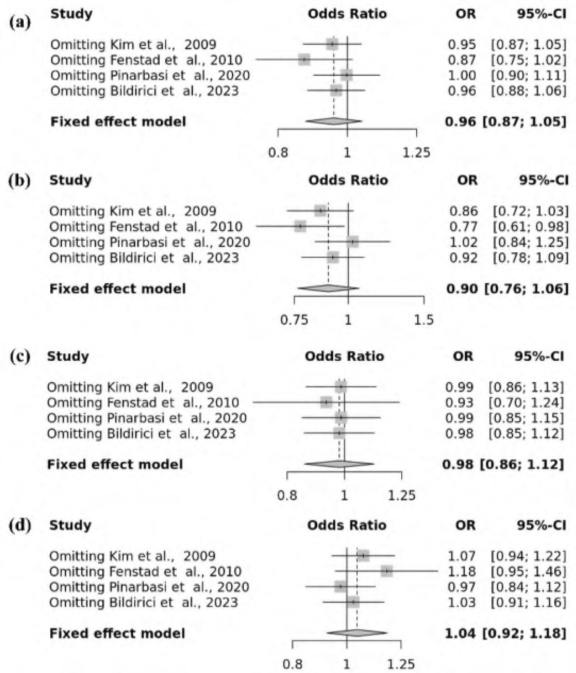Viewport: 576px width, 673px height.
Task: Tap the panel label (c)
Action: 20,357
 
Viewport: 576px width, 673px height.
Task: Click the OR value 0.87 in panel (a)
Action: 462,60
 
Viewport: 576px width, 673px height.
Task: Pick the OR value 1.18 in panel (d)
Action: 462,571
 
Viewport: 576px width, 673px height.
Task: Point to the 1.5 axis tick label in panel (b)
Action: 423,320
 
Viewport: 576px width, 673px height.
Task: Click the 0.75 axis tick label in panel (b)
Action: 294,320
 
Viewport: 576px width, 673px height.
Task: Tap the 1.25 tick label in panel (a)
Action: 416,153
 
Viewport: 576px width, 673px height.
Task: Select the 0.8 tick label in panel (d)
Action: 293,664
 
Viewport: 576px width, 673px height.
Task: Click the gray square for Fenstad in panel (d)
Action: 386,571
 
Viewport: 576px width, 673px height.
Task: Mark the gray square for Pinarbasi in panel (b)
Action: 353,242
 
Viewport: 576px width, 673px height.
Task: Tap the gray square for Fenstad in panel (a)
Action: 304,60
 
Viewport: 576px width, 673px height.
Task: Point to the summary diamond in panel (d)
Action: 357,632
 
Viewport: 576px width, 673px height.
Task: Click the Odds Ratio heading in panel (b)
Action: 348,180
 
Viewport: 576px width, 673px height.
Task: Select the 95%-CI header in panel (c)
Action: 539,357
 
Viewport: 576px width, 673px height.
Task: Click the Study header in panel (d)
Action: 70,525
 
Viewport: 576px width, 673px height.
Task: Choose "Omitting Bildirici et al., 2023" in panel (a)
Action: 144,91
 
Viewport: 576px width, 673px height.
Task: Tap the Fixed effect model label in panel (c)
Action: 115,464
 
